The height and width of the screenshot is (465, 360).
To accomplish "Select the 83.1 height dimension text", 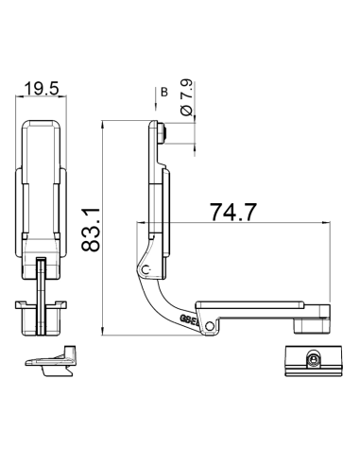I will click(92, 230).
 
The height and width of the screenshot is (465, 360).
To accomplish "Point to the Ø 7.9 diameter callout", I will click(185, 99).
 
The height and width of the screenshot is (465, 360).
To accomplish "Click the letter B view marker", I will click(163, 92).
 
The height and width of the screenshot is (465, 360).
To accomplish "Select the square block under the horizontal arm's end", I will click(311, 325).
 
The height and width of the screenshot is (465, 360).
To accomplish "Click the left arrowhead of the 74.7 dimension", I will click(142, 224).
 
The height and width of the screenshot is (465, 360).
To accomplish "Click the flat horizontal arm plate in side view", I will click(255, 307).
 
